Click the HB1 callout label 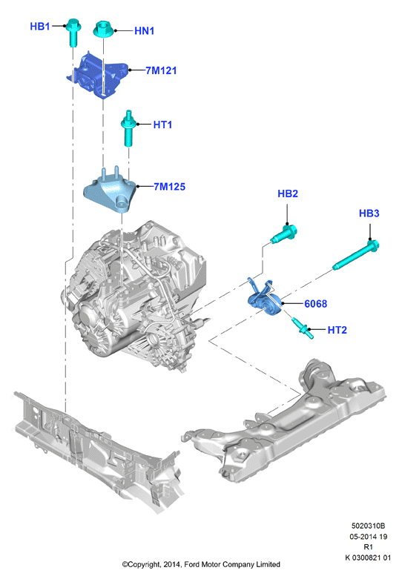click(39, 27)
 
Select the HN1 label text click(144, 31)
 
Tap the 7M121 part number click(161, 70)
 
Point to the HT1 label click(162, 125)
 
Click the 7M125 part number click(170, 187)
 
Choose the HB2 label click(288, 193)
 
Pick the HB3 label click(369, 214)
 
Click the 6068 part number click(315, 304)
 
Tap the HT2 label click(337, 330)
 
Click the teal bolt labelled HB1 click(73, 32)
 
